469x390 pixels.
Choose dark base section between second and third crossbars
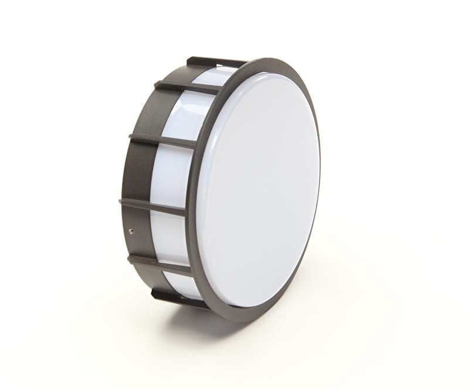(x=144, y=111)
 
